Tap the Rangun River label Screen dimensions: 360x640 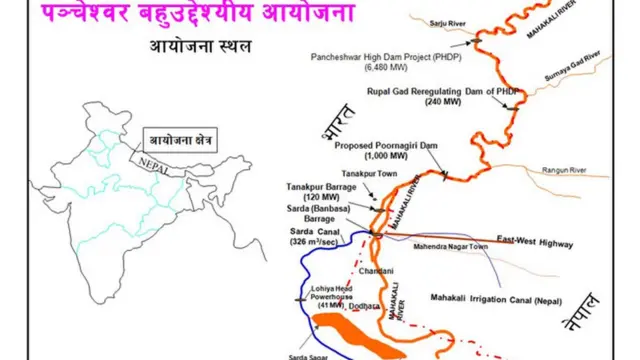click(565, 168)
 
